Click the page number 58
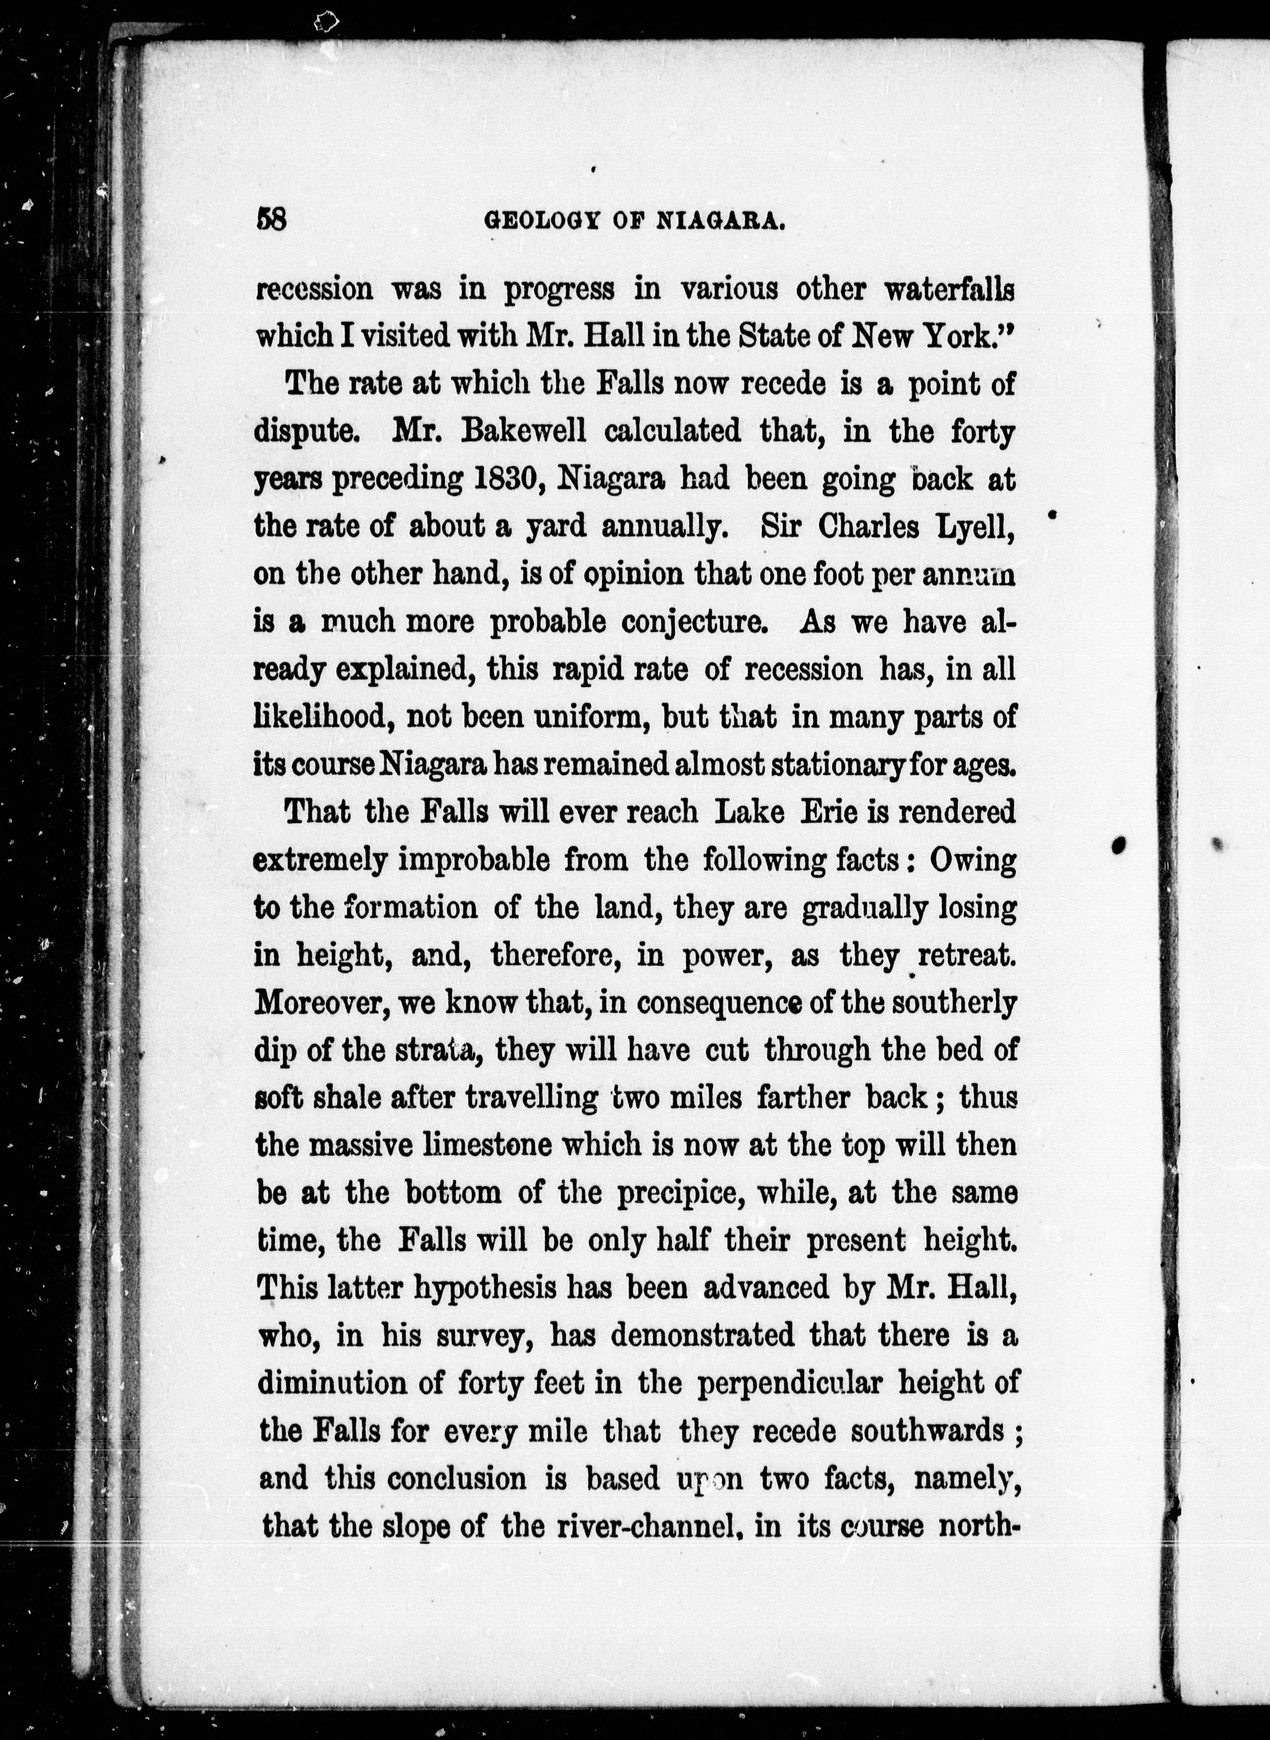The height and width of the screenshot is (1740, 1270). click(x=271, y=220)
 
